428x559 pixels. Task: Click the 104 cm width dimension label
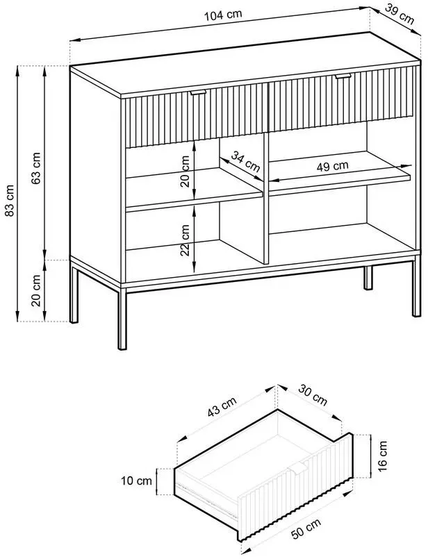[223, 15]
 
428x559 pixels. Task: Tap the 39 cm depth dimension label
[400, 15]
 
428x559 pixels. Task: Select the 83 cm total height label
[10, 201]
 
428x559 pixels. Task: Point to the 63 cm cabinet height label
[35, 168]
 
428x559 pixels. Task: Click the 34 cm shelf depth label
[245, 162]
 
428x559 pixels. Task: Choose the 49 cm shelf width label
[332, 166]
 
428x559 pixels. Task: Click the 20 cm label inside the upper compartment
[185, 171]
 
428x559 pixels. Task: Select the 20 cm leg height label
[36, 290]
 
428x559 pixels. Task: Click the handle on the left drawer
[198, 92]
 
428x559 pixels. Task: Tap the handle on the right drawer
[343, 76]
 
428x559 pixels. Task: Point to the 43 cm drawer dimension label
[222, 407]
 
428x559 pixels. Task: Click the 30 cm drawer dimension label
[313, 394]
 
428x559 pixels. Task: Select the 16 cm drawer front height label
[382, 456]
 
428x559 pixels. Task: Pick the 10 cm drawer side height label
[137, 481]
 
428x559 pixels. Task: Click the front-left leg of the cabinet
[122, 319]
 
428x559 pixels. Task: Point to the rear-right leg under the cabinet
[368, 277]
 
